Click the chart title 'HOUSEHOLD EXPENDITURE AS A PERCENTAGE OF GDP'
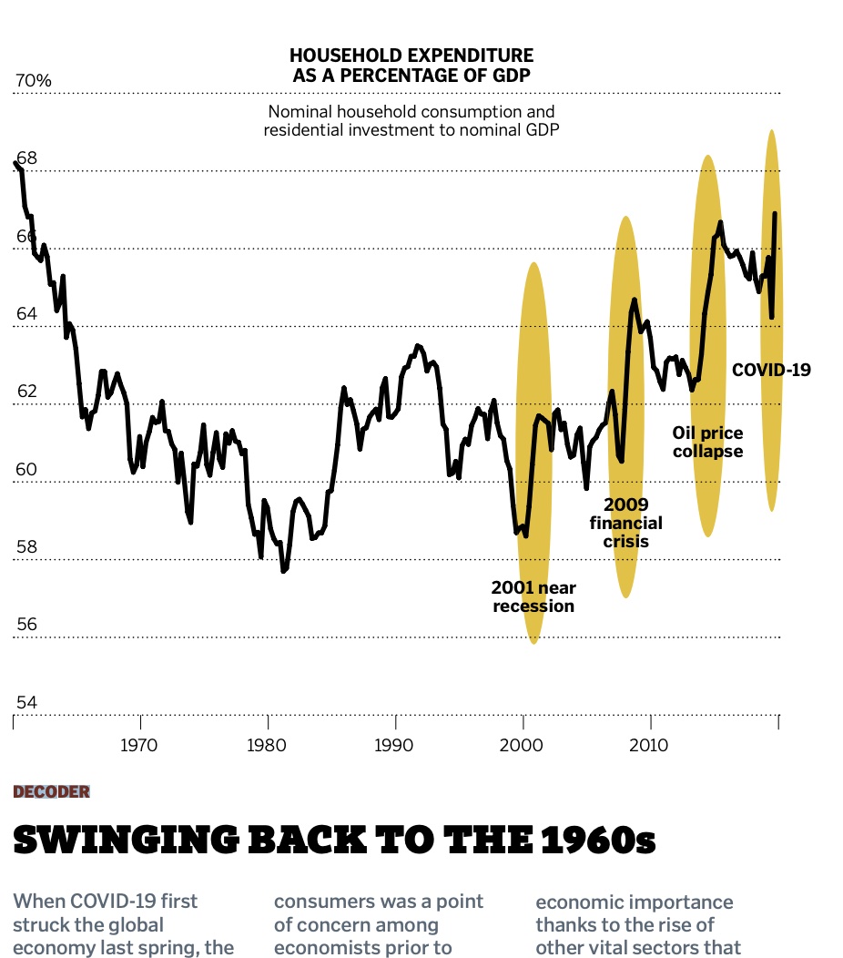411,65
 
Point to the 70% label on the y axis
33,81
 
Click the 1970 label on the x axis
140,745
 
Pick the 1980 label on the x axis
268,745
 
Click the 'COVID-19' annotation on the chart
771,370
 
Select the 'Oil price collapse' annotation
707,442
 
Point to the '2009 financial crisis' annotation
625,523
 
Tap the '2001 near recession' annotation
533,596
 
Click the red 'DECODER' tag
52,791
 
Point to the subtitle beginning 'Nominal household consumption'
411,120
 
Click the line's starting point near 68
15,163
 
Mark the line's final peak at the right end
775,213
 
